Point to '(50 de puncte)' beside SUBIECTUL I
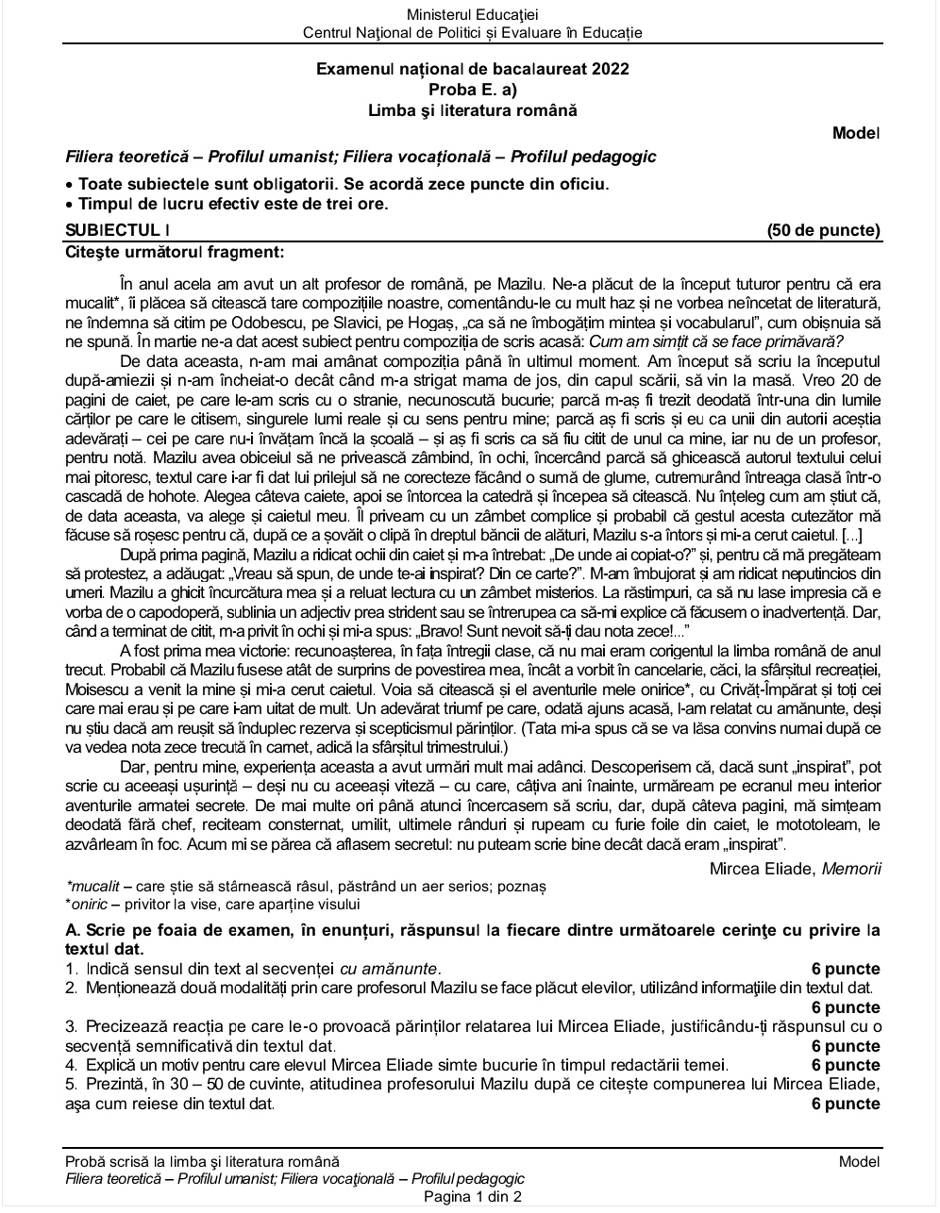click(823, 230)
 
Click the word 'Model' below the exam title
click(856, 133)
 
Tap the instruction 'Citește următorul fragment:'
click(175, 252)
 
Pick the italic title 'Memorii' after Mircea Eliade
click(851, 869)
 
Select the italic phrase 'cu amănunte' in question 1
click(390, 969)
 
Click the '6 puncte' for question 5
click(846, 1104)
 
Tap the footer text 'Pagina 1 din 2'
click(472, 1197)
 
